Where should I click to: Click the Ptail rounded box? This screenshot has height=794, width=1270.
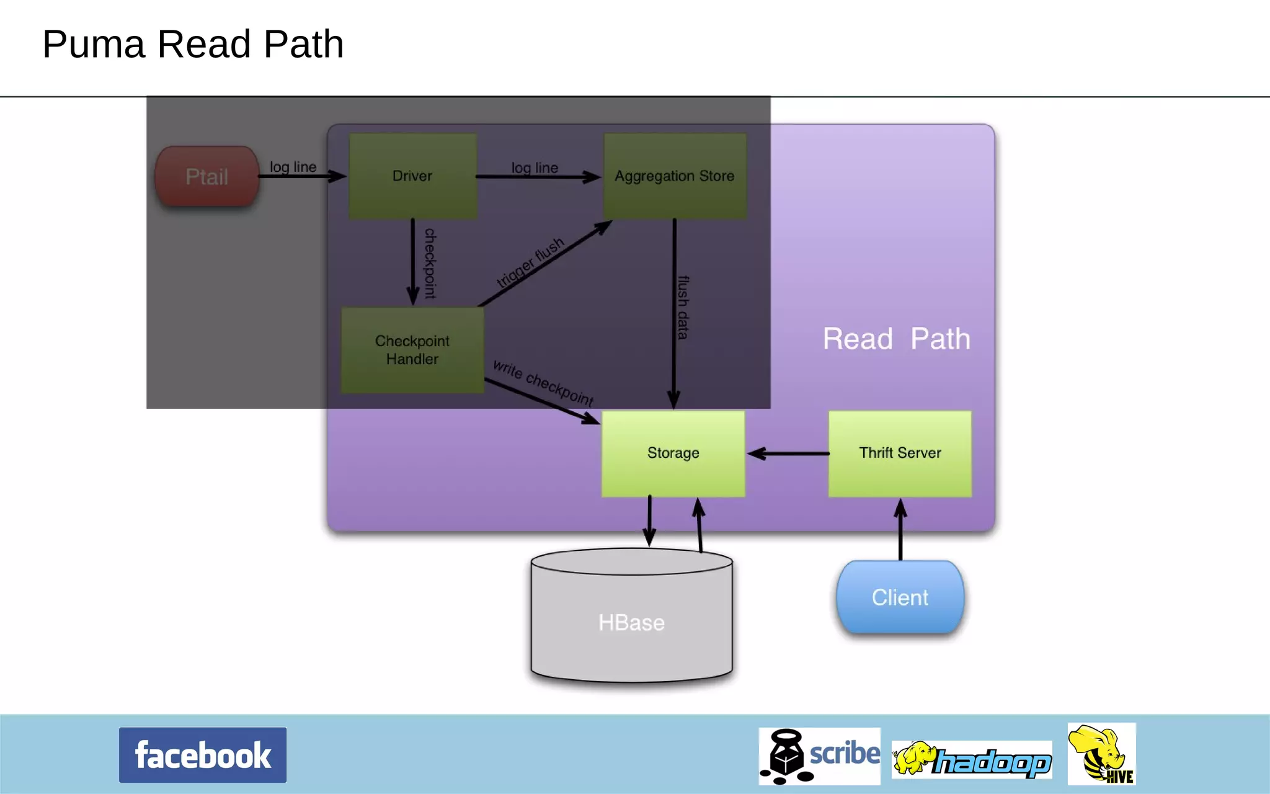(x=206, y=176)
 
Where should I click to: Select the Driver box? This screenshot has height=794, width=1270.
(x=412, y=176)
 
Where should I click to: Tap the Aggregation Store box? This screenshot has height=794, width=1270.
(x=675, y=176)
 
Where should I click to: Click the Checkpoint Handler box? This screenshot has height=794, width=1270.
(x=412, y=350)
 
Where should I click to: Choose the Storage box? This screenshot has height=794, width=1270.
(x=673, y=453)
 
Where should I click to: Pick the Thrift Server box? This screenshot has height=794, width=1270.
(x=900, y=453)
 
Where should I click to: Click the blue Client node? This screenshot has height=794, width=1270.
(x=900, y=597)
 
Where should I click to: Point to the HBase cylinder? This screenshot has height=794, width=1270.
(x=631, y=622)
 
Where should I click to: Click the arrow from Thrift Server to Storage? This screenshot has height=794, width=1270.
(x=788, y=453)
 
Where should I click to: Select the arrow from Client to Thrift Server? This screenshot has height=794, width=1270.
(x=900, y=530)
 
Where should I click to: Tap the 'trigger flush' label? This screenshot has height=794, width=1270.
(x=531, y=262)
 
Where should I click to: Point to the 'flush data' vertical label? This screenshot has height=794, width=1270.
(x=683, y=308)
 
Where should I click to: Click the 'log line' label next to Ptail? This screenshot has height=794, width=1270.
(x=293, y=167)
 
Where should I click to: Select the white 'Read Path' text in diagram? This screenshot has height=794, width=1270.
(x=896, y=339)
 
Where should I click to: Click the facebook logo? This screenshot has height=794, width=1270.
(x=203, y=755)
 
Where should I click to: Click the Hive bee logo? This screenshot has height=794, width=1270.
(x=1101, y=754)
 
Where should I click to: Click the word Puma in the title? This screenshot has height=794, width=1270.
(x=94, y=45)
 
